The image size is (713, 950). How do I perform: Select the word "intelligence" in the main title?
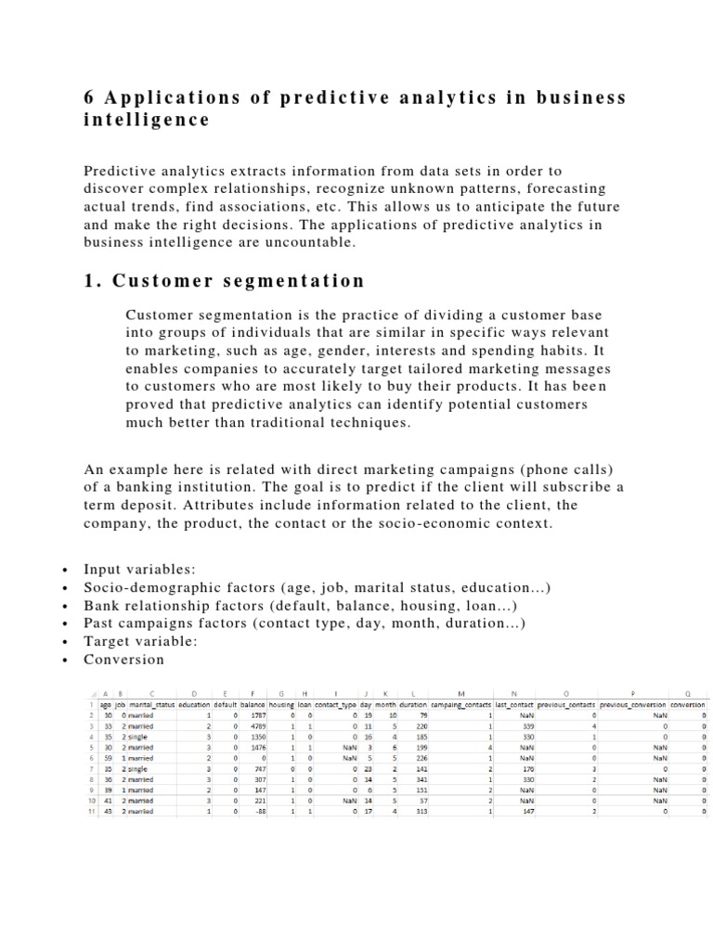point(146,121)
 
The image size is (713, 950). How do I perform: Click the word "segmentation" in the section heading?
point(297,280)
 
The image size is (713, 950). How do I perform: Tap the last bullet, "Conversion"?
point(123,660)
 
